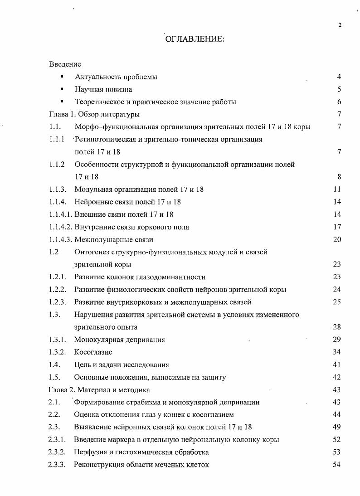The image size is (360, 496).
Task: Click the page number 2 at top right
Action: click(x=340, y=25)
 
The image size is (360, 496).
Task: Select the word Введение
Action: click(x=65, y=64)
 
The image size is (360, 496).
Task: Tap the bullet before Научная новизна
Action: click(x=62, y=89)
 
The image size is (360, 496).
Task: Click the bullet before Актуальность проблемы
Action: click(x=62, y=77)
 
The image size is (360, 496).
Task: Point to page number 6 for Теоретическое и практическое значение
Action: click(x=339, y=102)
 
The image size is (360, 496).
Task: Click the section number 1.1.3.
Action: click(x=58, y=190)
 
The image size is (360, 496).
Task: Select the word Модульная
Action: click(x=92, y=190)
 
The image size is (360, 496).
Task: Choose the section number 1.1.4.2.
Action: click(x=60, y=227)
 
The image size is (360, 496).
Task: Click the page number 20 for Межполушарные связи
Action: click(x=337, y=239)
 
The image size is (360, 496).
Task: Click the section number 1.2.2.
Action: click(x=58, y=290)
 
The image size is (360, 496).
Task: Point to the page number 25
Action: click(x=337, y=302)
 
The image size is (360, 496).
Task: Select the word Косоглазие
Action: click(x=93, y=352)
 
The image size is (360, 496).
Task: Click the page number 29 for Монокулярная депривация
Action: click(x=337, y=340)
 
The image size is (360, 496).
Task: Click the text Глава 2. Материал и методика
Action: click(x=99, y=390)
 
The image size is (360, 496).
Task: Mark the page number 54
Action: click(x=337, y=465)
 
